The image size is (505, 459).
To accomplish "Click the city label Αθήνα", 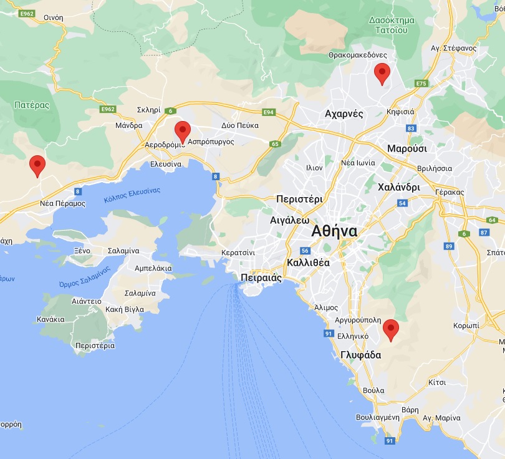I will (335, 231).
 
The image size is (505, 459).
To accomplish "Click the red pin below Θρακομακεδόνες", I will (382, 74).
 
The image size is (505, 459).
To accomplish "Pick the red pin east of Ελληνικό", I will (390, 329).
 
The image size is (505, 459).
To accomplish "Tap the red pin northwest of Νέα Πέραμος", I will (37, 166).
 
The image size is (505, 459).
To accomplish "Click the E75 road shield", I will (421, 84).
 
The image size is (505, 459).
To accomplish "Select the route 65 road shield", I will (275, 144).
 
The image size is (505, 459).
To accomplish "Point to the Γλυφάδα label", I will (360, 355).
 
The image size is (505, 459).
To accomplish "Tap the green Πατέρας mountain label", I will (31, 105).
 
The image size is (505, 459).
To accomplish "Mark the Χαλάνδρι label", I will (399, 187).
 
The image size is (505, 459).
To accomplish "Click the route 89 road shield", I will (449, 247).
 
